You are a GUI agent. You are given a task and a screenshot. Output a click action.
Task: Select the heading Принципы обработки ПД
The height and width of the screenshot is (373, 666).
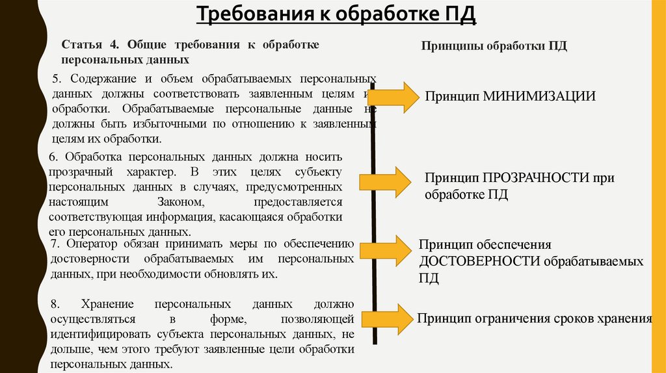(x=494, y=47)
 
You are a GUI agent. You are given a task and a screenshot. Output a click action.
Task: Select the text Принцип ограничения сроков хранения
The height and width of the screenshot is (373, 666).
(x=535, y=318)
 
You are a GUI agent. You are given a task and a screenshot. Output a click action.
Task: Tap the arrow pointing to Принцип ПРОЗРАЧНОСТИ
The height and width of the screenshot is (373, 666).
(x=397, y=179)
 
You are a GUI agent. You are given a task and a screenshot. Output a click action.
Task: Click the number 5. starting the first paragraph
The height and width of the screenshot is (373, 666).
(x=57, y=79)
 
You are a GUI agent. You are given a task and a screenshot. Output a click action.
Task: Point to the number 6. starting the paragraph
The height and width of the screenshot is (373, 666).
(x=53, y=157)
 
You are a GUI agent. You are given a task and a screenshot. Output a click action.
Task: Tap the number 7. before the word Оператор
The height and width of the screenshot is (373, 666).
(x=55, y=244)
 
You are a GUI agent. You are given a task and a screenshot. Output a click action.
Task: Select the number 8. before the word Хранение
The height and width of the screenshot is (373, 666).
(x=55, y=304)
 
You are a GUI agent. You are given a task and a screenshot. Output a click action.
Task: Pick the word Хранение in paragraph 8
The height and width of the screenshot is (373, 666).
(x=108, y=304)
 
